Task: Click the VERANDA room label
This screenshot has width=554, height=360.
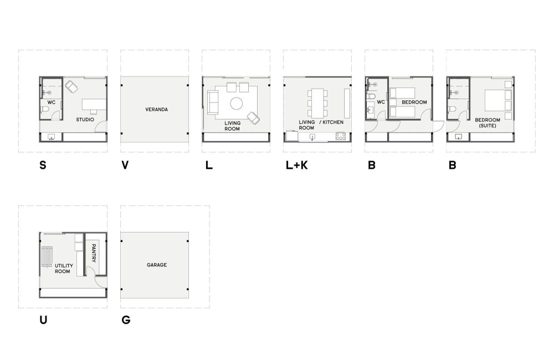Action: click(x=157, y=110)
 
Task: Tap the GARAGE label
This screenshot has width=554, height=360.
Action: click(x=157, y=265)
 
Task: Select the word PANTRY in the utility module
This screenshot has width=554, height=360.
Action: click(x=94, y=253)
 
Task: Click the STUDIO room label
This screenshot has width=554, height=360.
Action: click(x=85, y=120)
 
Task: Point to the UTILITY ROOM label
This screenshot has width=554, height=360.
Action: click(x=64, y=269)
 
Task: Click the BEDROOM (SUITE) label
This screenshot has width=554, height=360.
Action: click(x=488, y=122)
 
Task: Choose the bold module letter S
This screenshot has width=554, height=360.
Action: click(x=43, y=165)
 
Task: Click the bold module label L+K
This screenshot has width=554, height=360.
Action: click(x=297, y=165)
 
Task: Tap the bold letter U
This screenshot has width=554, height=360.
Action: click(x=43, y=320)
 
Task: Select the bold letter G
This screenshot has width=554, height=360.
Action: click(x=126, y=320)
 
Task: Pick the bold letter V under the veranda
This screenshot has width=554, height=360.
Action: click(x=125, y=165)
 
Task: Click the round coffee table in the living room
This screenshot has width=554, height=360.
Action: click(x=237, y=104)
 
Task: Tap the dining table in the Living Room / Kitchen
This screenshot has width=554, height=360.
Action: click(x=317, y=103)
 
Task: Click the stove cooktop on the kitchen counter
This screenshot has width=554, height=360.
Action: click(x=341, y=136)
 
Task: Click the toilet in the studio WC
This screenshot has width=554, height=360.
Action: click(x=45, y=110)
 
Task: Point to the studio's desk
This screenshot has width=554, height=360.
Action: click(x=94, y=105)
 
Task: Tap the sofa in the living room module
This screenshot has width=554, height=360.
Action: click(x=213, y=102)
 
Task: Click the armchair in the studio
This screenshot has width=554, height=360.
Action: click(x=71, y=86)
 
